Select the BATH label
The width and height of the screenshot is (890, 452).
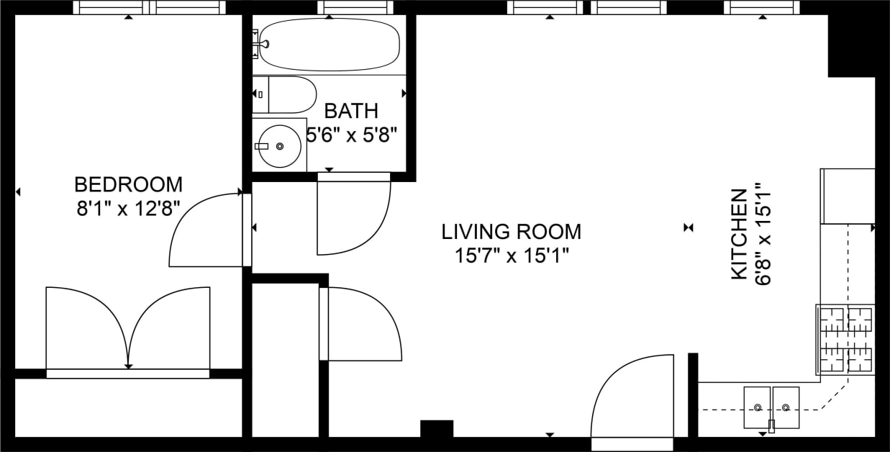click(350, 111)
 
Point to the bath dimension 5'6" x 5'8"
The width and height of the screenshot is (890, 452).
click(352, 135)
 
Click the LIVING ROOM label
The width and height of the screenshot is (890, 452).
click(511, 232)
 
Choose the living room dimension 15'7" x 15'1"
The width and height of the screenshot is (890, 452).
click(511, 256)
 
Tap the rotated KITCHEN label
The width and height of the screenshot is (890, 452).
click(738, 234)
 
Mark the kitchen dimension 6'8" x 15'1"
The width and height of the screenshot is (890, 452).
click(763, 234)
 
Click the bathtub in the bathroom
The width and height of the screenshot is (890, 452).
click(329, 45)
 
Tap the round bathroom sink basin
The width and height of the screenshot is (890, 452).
click(280, 145)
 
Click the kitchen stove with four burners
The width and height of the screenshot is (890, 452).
click(846, 339)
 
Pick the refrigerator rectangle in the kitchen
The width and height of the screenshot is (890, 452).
click(848, 196)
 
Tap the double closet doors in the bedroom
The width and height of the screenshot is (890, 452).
click(128, 327)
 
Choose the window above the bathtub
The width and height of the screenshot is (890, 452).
click(357, 8)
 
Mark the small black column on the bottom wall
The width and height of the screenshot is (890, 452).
click(436, 429)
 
